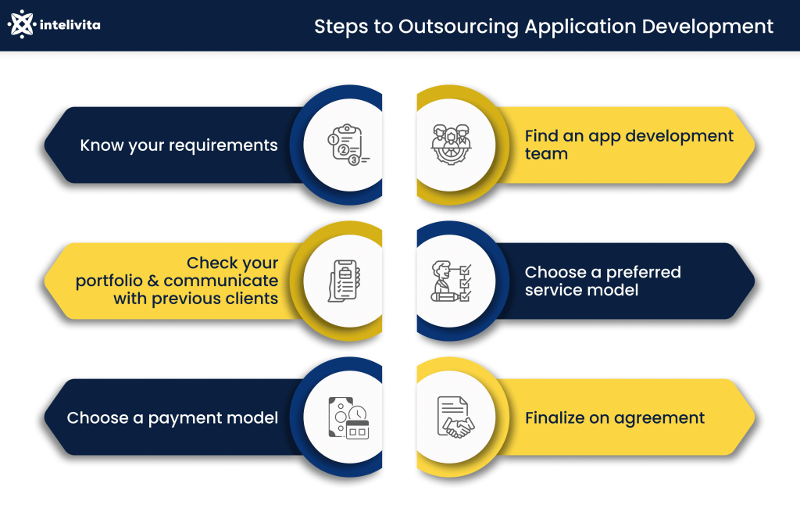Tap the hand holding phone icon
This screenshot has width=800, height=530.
pos(344,281)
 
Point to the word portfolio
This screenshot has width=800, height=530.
pos(109,281)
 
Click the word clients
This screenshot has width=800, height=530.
pos(252,299)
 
